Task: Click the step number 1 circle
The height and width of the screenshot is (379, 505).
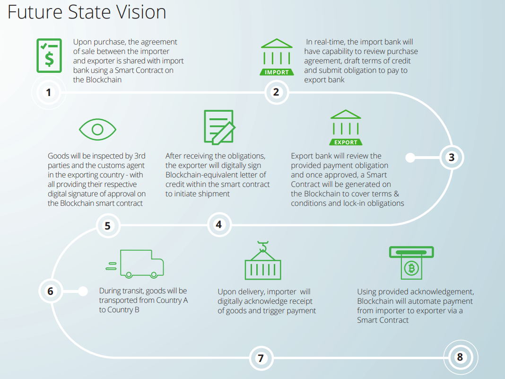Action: pyautogui.click(x=48, y=92)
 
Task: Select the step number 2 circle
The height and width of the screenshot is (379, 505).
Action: pyautogui.click(x=276, y=92)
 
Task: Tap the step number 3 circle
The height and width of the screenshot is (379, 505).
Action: pyautogui.click(x=452, y=158)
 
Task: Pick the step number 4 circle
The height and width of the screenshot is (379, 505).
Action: pyautogui.click(x=218, y=225)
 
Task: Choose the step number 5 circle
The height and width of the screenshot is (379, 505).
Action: pyautogui.click(x=108, y=226)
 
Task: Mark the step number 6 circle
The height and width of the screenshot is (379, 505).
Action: pyautogui.click(x=51, y=291)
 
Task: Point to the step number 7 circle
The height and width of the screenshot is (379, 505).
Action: pyautogui.click(x=260, y=358)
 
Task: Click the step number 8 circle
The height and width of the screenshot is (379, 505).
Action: pyautogui.click(x=460, y=357)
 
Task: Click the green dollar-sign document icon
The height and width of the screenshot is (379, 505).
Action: pyautogui.click(x=49, y=55)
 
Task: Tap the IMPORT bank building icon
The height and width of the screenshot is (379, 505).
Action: pyautogui.click(x=277, y=57)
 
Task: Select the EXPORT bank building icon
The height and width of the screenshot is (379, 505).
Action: pyautogui.click(x=346, y=128)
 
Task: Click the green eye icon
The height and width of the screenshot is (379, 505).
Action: pyautogui.click(x=97, y=129)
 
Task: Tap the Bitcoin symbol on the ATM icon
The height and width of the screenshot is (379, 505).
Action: pyautogui.click(x=411, y=268)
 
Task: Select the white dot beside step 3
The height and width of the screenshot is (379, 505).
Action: pyautogui.click(x=410, y=158)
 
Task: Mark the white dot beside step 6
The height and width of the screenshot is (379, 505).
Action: pyautogui.click(x=83, y=291)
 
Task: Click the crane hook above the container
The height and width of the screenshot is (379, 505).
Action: pyautogui.click(x=263, y=246)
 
